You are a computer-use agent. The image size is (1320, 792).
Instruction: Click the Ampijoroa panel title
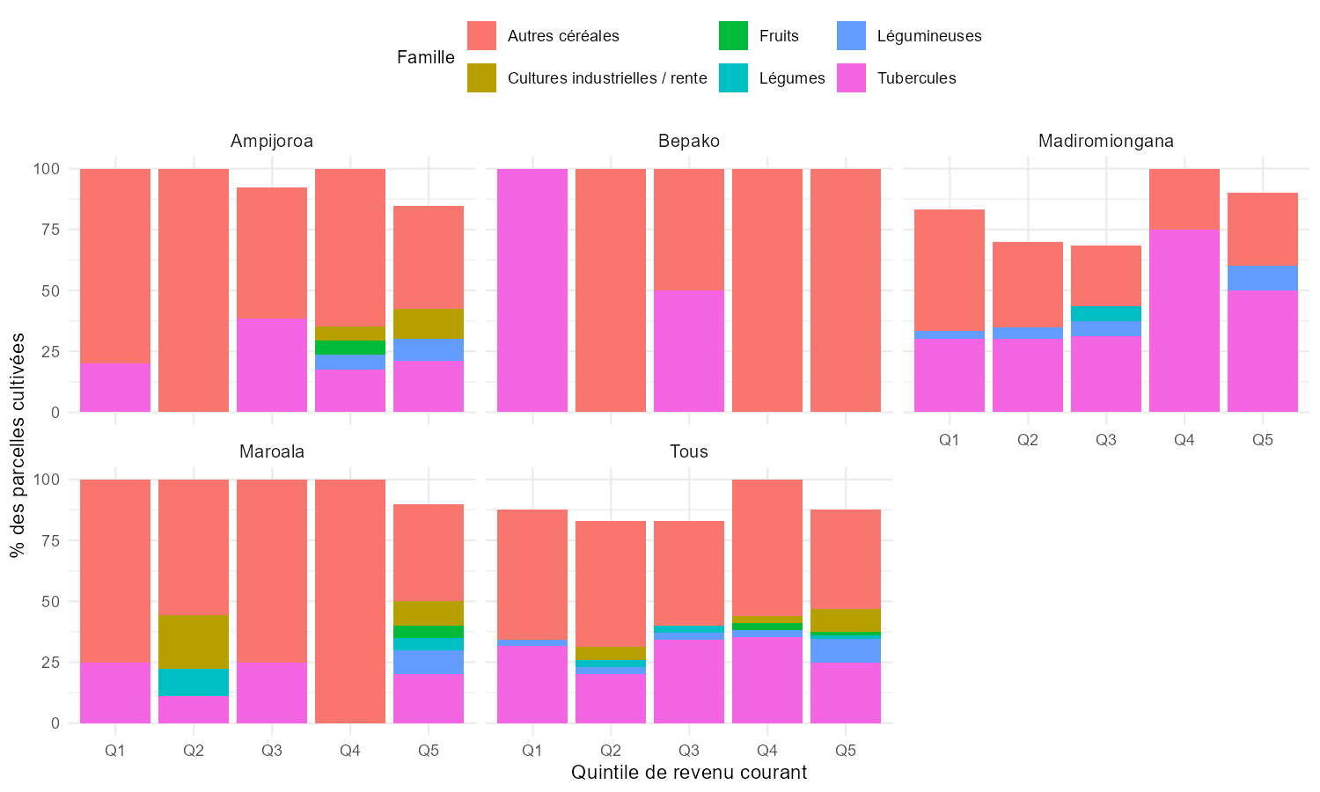(x=272, y=141)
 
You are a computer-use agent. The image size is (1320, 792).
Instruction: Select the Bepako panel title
(x=688, y=141)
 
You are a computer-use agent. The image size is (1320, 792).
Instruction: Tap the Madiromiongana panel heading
(x=1105, y=141)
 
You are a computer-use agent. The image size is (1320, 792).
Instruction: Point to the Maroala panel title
(x=272, y=451)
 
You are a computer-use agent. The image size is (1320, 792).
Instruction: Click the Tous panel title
(x=688, y=451)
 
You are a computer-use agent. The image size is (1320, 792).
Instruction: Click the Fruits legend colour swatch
(x=733, y=36)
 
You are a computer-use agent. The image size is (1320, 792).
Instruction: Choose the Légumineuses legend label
(x=929, y=36)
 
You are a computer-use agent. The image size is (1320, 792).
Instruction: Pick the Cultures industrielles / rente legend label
(x=607, y=78)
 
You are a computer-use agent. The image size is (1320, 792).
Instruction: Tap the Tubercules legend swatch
(x=852, y=78)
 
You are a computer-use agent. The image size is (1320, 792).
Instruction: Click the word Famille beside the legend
(x=426, y=57)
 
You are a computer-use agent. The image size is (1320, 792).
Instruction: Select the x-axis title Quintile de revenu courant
(x=688, y=773)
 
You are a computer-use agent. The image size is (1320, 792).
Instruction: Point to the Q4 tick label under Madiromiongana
(x=1184, y=440)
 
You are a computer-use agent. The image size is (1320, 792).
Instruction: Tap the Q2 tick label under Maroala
(x=194, y=751)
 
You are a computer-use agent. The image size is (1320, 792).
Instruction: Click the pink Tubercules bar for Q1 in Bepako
(x=532, y=290)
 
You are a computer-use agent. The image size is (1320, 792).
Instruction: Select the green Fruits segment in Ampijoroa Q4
(x=350, y=348)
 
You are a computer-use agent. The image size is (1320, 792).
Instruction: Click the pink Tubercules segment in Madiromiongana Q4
(x=1184, y=321)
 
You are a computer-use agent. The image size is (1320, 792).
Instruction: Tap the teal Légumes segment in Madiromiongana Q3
(x=1105, y=313)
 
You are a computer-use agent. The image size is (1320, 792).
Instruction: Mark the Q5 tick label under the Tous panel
(x=845, y=751)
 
